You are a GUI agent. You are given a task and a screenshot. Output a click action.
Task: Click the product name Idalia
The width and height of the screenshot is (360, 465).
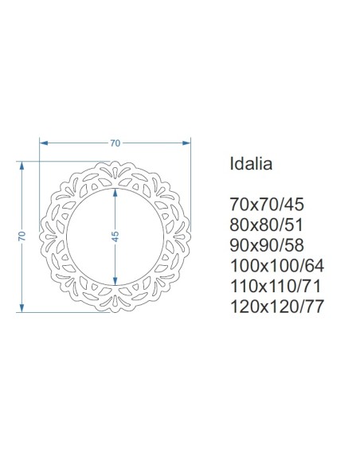251,163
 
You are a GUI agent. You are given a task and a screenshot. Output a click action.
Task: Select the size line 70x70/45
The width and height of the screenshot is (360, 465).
267,205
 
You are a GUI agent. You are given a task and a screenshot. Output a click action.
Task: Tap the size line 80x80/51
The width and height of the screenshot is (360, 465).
266,225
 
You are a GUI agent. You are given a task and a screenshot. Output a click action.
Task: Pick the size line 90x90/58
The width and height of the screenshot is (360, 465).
267,245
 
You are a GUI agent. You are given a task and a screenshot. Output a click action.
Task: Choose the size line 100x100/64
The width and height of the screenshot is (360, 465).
277,266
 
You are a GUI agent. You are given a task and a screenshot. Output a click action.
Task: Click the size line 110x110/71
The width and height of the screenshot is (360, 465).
276,286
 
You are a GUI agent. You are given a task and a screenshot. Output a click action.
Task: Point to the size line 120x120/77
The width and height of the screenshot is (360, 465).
277,307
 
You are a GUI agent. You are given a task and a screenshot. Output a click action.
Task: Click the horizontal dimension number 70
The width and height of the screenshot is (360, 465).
115,143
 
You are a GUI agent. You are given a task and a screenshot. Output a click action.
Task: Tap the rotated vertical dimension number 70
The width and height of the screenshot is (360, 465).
22,236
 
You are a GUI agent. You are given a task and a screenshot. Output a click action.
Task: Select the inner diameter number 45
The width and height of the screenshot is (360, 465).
115,236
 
